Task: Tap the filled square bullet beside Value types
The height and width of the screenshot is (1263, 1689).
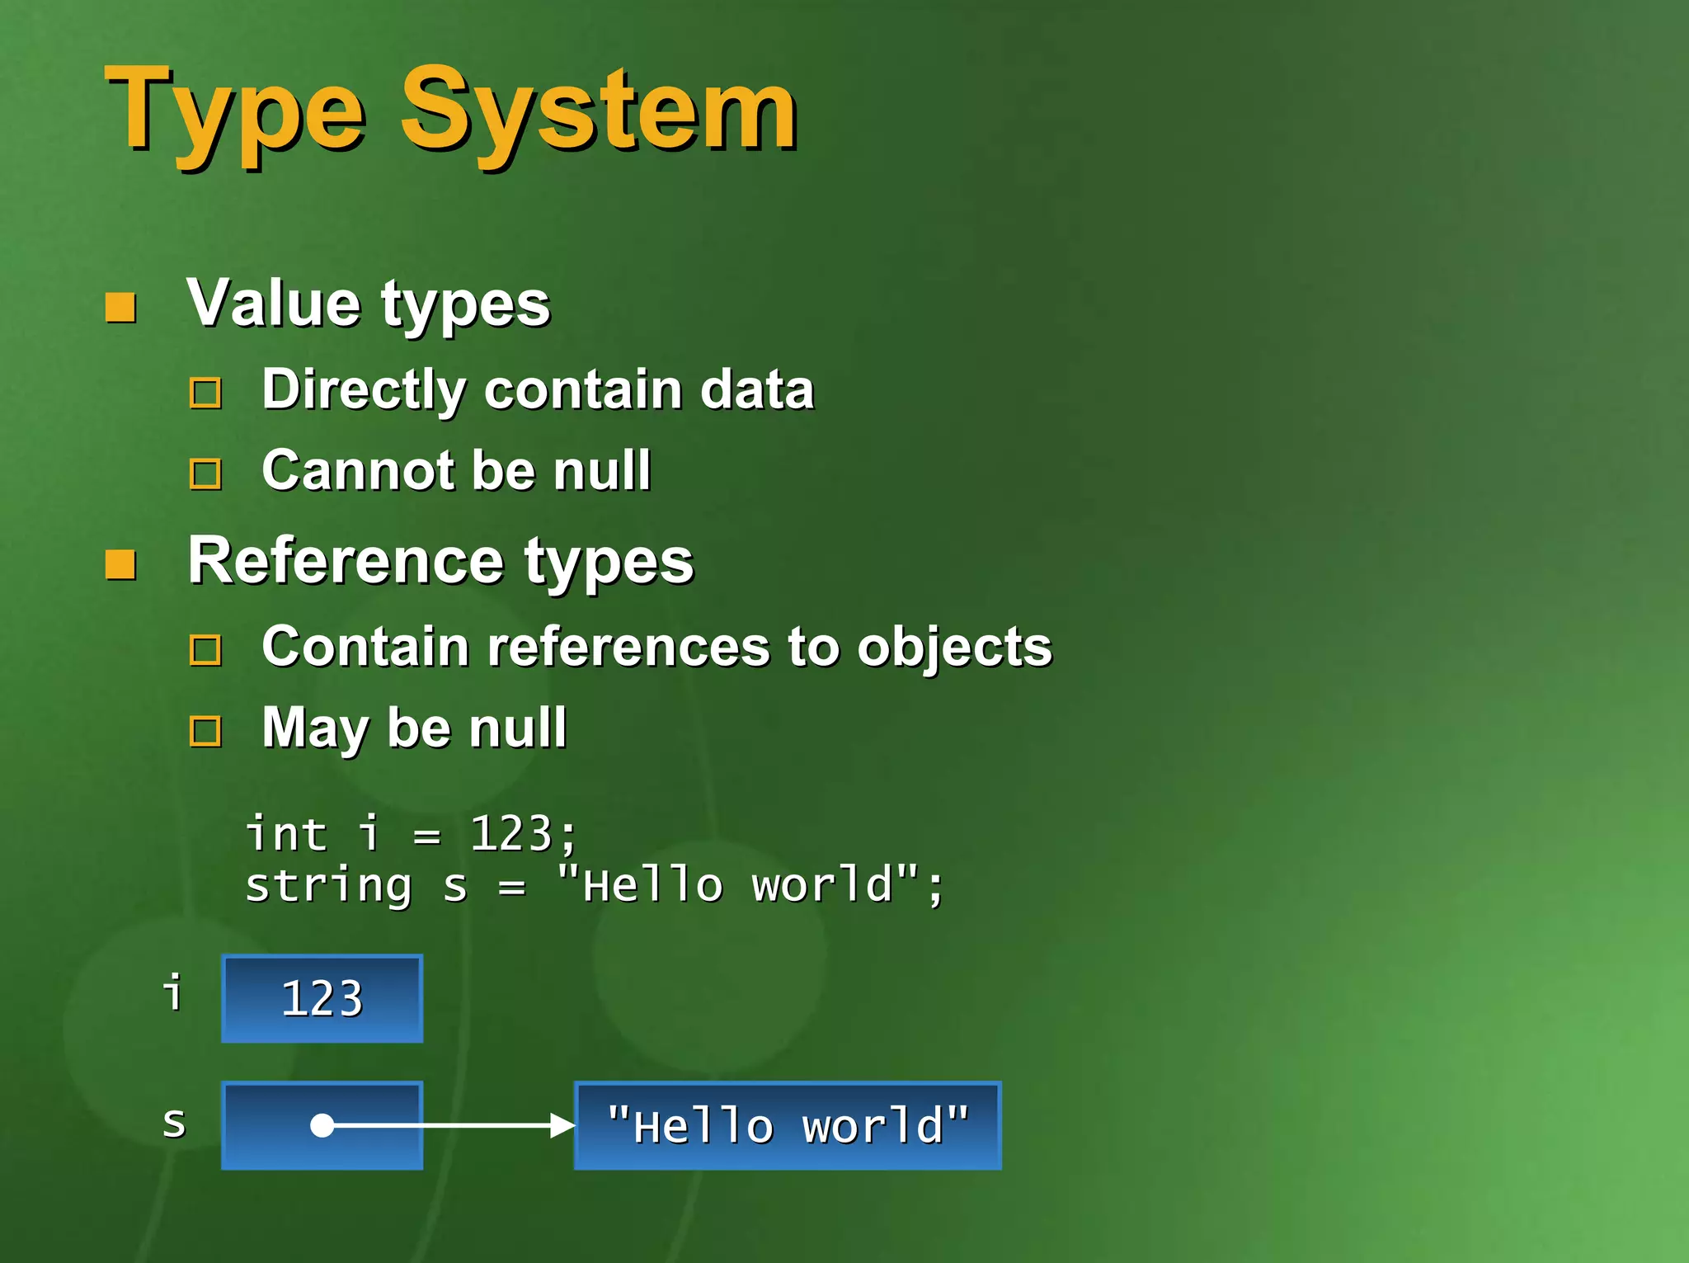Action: tap(120, 308)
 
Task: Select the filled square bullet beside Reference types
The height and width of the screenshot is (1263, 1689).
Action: tap(120, 565)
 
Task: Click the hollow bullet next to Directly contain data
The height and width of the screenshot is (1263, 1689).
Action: tap(205, 393)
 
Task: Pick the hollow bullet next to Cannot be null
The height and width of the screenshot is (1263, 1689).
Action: tap(205, 474)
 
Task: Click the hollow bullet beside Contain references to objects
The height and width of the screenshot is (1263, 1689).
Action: tap(205, 650)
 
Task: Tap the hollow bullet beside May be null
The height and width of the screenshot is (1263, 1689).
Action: tap(205, 731)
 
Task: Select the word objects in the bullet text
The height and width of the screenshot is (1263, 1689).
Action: tap(954, 648)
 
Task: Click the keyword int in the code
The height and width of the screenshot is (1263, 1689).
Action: tap(286, 833)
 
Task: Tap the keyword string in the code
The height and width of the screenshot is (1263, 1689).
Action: tap(328, 887)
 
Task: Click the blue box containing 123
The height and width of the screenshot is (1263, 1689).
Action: tap(322, 998)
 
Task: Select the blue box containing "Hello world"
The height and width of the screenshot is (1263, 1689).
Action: tap(788, 1125)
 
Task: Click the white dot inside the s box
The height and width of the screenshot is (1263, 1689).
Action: tap(322, 1125)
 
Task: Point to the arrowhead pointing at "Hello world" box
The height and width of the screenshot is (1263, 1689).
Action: tap(562, 1125)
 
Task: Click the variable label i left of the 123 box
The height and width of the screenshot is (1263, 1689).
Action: tap(172, 992)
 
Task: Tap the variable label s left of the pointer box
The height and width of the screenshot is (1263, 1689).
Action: tap(174, 1123)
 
